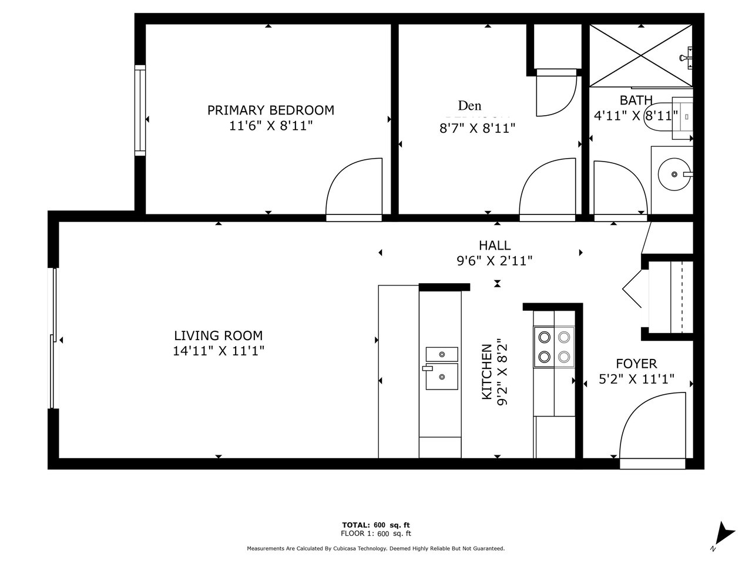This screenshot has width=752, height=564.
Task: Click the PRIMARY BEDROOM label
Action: (x=271, y=110)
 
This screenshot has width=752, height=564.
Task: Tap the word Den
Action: (x=469, y=106)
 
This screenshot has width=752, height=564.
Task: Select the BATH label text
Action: (x=636, y=100)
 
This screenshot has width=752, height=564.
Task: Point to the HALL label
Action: (x=495, y=246)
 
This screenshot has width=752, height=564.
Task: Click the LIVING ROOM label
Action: (x=219, y=335)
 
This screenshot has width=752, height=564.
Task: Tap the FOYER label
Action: (x=636, y=364)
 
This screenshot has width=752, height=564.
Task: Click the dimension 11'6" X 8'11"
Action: (x=271, y=126)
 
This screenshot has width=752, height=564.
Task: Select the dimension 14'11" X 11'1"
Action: (x=219, y=351)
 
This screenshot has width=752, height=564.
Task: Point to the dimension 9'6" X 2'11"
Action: (x=495, y=261)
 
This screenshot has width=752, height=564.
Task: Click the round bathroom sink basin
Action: (x=674, y=174)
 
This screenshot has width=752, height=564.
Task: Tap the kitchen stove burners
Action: (x=554, y=347)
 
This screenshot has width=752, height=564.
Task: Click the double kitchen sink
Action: (x=442, y=368)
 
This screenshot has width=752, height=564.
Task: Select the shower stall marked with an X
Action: (x=640, y=55)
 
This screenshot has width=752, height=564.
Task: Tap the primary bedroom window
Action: (x=140, y=110)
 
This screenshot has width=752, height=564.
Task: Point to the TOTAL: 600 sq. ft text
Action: (x=376, y=525)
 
